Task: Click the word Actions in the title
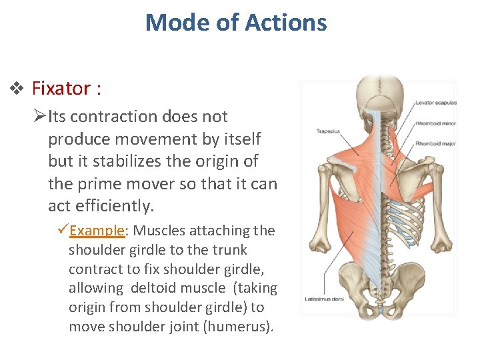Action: (286, 23)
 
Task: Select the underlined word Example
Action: (98, 231)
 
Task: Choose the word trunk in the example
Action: (228, 250)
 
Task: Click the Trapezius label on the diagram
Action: (328, 131)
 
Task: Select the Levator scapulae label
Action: (435, 103)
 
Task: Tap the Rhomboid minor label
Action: (435, 123)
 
